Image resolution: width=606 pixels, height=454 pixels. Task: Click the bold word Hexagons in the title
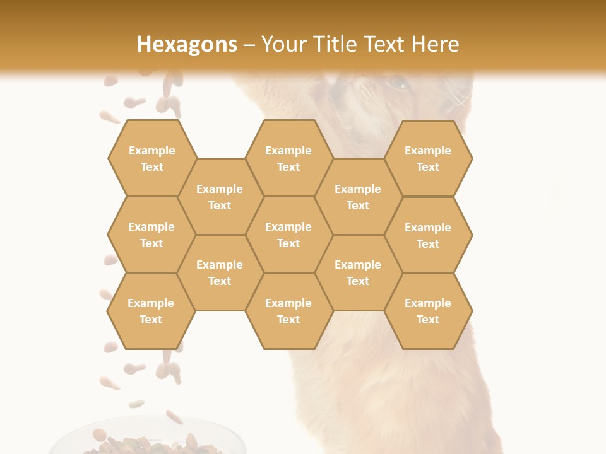tap(187, 44)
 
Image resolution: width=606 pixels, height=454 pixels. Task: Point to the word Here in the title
tap(436, 44)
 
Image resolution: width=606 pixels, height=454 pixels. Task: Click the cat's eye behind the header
tap(398, 82)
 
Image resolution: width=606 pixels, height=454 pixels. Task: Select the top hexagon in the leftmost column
tap(151, 158)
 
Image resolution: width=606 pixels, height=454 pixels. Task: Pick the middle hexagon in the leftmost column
tap(151, 235)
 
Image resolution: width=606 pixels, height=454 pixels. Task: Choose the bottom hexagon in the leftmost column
tap(151, 311)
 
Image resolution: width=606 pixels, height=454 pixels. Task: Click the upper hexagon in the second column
tap(220, 197)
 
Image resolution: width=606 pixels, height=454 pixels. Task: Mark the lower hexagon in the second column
tap(220, 272)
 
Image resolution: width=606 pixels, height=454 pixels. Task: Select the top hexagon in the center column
tap(288, 158)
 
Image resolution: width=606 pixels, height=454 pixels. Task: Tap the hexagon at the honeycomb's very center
tap(288, 235)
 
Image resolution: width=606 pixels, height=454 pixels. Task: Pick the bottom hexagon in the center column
tap(288, 311)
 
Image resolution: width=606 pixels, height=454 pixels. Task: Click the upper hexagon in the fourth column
tap(358, 197)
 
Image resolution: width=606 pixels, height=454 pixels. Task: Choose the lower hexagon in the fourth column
tap(358, 272)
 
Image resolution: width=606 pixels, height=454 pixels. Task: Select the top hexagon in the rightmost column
tap(428, 158)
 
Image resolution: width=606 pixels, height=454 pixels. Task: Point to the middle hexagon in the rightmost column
tap(428, 235)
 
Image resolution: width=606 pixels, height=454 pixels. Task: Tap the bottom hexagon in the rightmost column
tap(428, 311)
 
